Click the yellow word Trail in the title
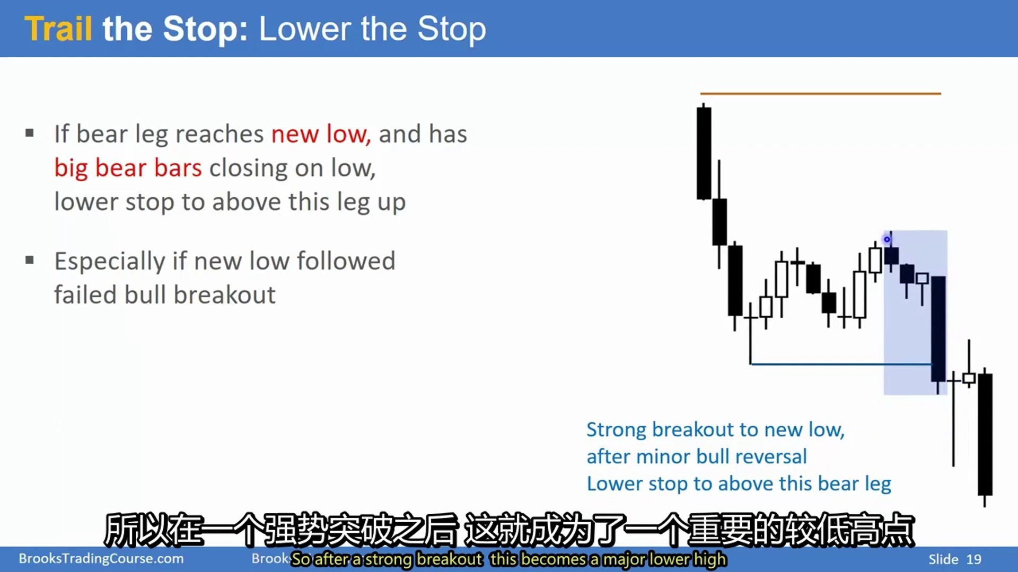click(x=58, y=29)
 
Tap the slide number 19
click(x=973, y=559)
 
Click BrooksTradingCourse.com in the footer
click(x=101, y=558)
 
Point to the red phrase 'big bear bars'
click(x=128, y=168)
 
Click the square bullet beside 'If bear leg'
click(x=30, y=133)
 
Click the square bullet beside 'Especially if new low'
click(x=30, y=260)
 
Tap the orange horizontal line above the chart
click(x=820, y=94)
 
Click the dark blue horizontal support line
click(x=841, y=364)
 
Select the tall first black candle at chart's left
click(x=704, y=153)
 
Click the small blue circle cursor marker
click(x=887, y=239)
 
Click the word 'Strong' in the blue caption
click(x=616, y=430)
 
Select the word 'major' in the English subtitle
click(x=624, y=559)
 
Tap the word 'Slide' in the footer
click(x=943, y=559)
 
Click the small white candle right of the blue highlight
click(x=969, y=378)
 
